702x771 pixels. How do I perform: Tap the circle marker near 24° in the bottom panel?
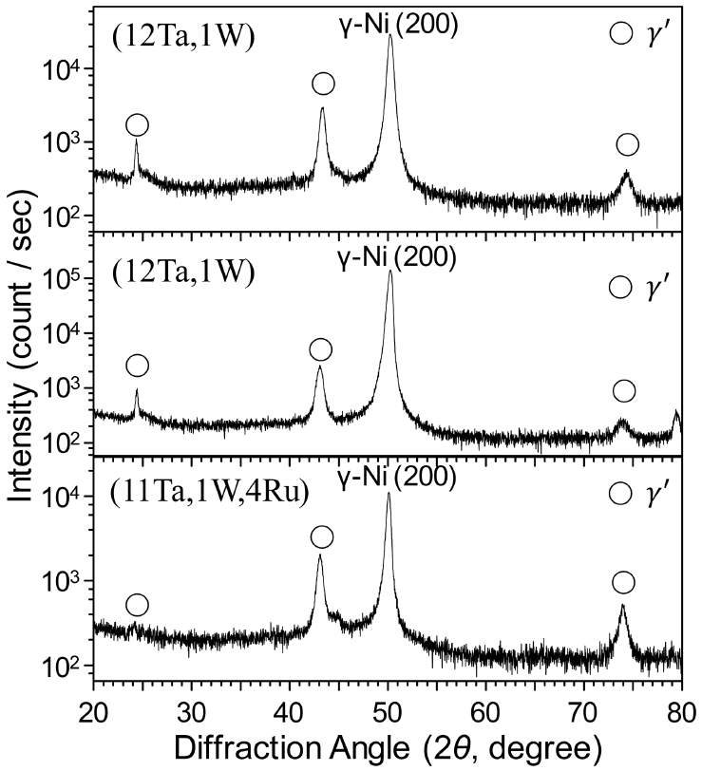pos(137,605)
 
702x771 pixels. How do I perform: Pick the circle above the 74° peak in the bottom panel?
pos(623,582)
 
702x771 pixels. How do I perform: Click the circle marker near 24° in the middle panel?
pos(137,366)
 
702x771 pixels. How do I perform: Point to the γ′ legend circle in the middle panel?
pos(620,287)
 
